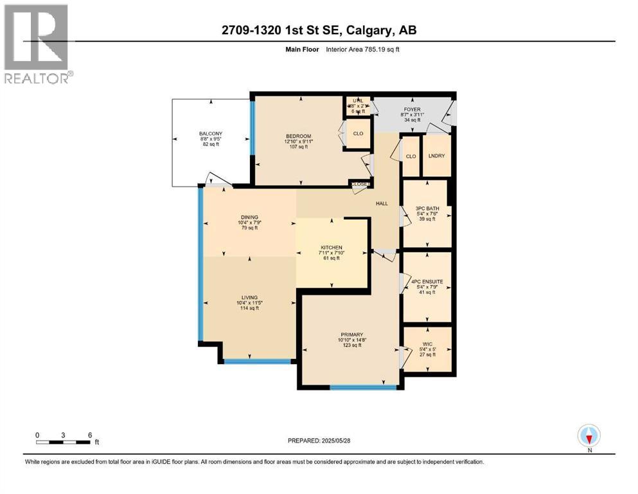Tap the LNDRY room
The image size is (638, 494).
click(x=436, y=156)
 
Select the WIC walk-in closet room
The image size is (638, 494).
click(x=426, y=345)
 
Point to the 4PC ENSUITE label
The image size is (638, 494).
click(x=426, y=281)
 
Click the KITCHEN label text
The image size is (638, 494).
click(x=332, y=248)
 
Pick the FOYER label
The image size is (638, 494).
click(x=411, y=109)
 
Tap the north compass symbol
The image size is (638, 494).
click(x=589, y=436)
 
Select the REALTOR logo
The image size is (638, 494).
click(x=37, y=44)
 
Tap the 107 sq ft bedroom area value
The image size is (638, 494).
click(x=298, y=147)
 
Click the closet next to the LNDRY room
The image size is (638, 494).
click(x=410, y=156)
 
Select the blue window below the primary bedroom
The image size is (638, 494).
click(x=364, y=387)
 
